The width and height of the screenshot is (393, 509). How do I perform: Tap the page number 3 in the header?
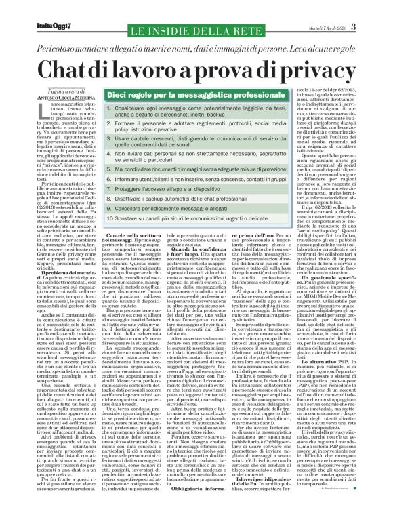(x=373, y=7)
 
